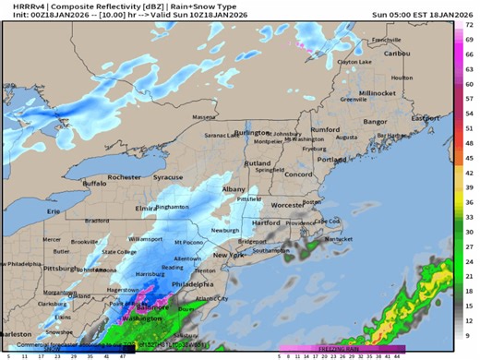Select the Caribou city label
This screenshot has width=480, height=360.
coord(394,53)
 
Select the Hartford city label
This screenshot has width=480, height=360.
coord(266,222)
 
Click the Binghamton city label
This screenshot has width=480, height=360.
coord(172,207)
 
